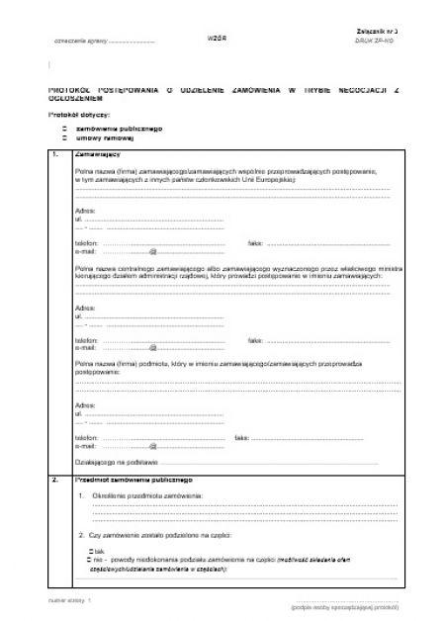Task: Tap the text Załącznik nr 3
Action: tap(377, 32)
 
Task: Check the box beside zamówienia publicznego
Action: tap(65, 129)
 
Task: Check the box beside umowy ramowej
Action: tap(65, 137)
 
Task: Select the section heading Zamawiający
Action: tap(98, 155)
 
